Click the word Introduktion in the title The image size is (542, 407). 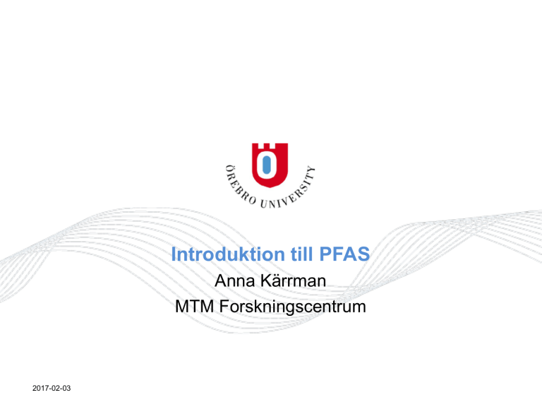[x=228, y=254]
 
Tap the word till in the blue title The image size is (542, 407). [x=302, y=254]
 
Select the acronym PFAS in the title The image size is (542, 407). [x=344, y=254]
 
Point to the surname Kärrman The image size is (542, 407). [x=293, y=280]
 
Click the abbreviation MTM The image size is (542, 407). [x=194, y=307]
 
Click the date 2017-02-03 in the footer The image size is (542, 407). [x=52, y=389]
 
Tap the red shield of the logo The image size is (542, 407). [x=270, y=165]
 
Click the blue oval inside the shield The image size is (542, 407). [x=267, y=165]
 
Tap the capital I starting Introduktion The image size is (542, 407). [x=174, y=254]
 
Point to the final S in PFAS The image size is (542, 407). [x=363, y=254]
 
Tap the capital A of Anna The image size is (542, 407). [x=220, y=281]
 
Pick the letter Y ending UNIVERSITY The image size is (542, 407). [x=311, y=170]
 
